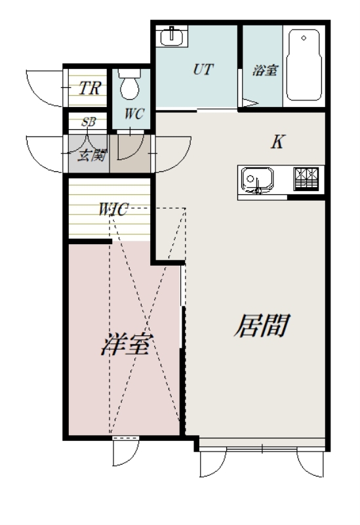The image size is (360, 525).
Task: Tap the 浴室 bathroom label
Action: coord(264,70)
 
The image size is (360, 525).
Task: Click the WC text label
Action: coord(134,112)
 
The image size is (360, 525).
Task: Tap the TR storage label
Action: coord(90,89)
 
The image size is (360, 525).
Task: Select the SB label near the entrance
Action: coord(88,122)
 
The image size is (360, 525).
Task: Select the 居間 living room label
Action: coord(261,325)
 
